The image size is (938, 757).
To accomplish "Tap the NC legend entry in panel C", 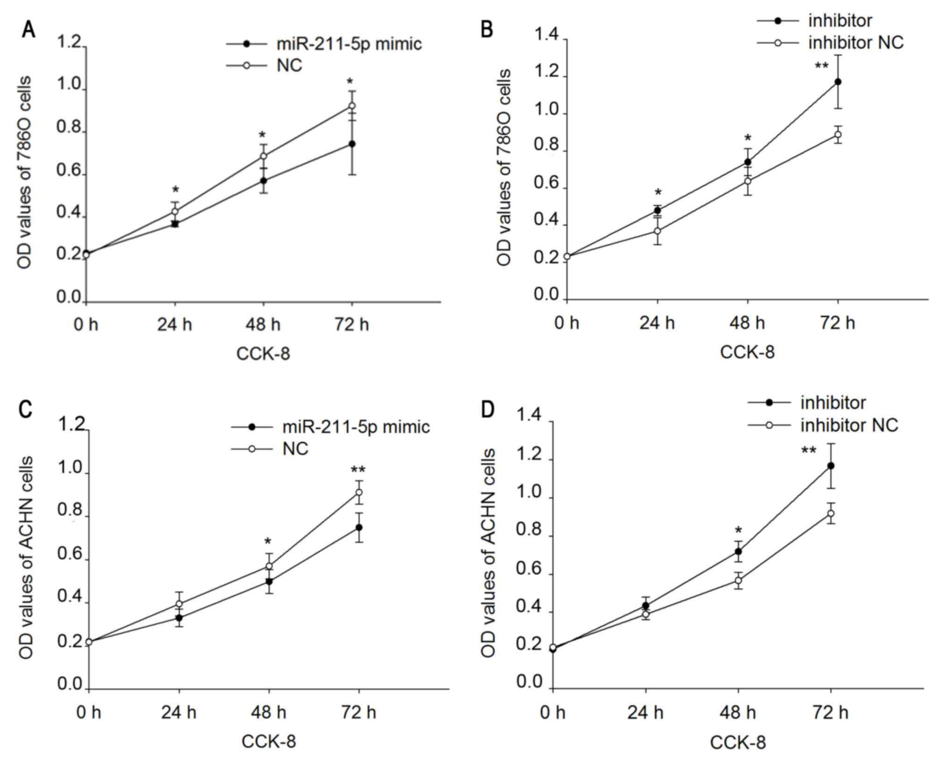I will [295, 449].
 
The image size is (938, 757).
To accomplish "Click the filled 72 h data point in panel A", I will [352, 144].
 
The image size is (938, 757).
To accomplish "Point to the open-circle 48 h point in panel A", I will [263, 156].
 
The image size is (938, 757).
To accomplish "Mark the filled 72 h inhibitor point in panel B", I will [838, 82].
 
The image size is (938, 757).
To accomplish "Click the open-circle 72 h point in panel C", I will [359, 492].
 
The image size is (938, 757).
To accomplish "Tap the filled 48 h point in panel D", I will [738, 552].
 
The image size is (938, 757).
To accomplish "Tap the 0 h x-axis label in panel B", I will [567, 323].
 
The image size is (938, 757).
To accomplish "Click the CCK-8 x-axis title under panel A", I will [263, 354].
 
